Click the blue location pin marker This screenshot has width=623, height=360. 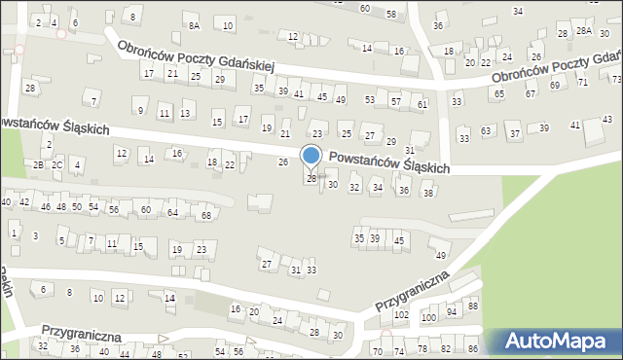(311, 157)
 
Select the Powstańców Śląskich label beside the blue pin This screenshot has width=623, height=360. (389, 162)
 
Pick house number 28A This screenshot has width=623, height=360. (583, 31)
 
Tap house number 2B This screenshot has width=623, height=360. (39, 164)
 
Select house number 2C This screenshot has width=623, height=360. (57, 164)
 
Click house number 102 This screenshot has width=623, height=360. (401, 315)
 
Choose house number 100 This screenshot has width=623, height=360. (428, 318)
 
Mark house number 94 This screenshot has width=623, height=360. (452, 312)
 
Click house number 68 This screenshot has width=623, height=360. (205, 214)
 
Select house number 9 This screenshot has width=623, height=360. (141, 110)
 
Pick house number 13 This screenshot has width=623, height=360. (185, 114)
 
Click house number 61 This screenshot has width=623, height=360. (421, 103)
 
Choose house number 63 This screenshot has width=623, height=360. (486, 130)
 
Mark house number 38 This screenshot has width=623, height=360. (427, 194)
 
